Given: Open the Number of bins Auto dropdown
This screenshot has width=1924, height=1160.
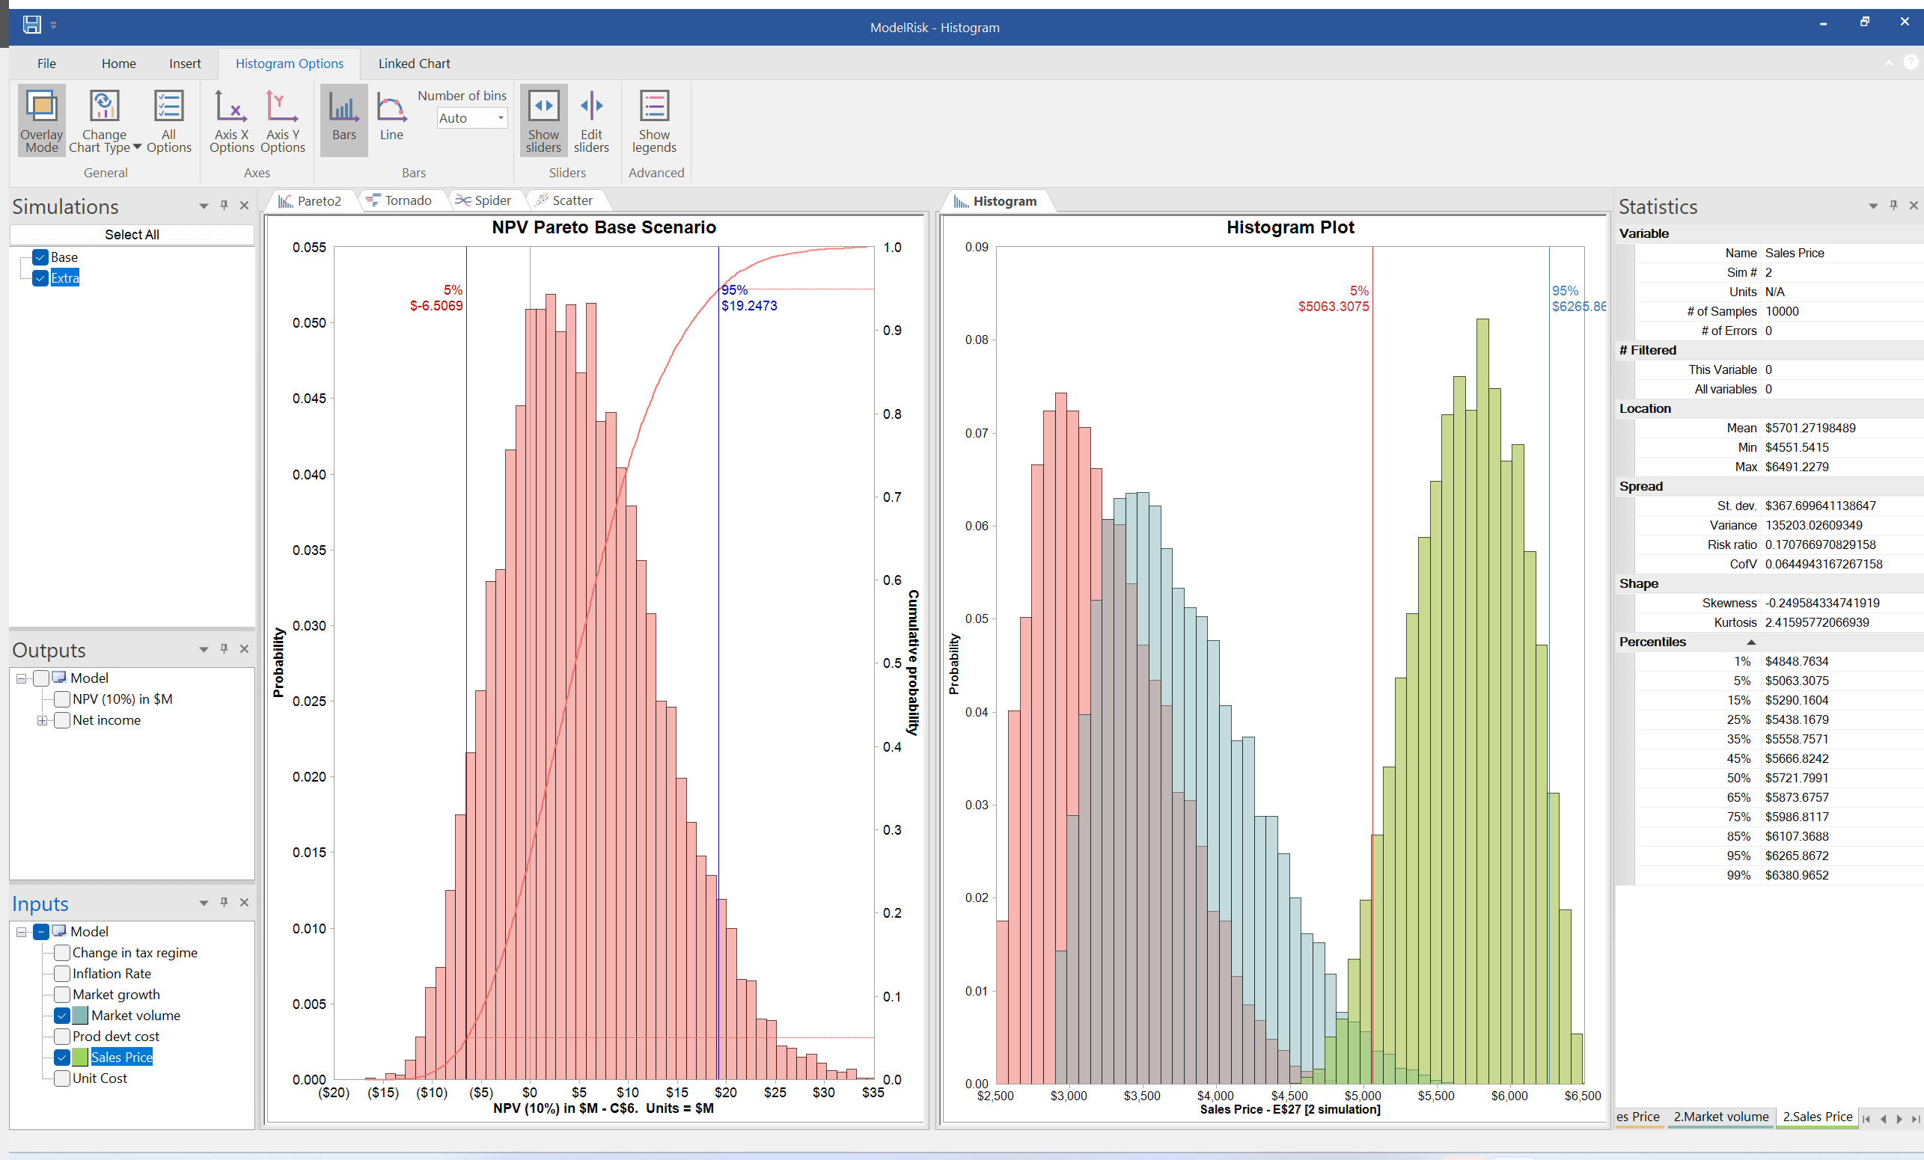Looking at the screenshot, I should pyautogui.click(x=501, y=118).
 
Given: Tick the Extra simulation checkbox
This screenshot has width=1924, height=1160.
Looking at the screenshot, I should pyautogui.click(x=40, y=278).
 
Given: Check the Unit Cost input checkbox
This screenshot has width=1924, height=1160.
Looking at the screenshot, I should pyautogui.click(x=61, y=1078).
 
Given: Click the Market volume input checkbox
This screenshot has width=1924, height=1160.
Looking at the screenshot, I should pyautogui.click(x=61, y=1016).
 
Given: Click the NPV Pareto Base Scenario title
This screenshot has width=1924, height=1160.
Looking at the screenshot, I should pyautogui.click(x=604, y=227).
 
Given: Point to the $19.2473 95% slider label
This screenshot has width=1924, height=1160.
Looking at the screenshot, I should pyautogui.click(x=749, y=306).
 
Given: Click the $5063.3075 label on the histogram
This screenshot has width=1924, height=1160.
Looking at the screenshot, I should pyautogui.click(x=1333, y=307).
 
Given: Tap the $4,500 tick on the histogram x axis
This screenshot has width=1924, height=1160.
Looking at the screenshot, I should pyautogui.click(x=1289, y=1095).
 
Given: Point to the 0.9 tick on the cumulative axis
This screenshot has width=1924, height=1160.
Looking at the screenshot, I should pyautogui.click(x=892, y=331).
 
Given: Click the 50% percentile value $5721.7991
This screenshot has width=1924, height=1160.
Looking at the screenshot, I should pyautogui.click(x=1796, y=778).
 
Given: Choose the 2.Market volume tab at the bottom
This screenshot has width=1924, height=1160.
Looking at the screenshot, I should pyautogui.click(x=1720, y=1117).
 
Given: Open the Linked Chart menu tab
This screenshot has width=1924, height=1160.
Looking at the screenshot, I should pyautogui.click(x=414, y=64).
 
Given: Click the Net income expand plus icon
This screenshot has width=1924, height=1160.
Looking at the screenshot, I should pyautogui.click(x=42, y=720).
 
